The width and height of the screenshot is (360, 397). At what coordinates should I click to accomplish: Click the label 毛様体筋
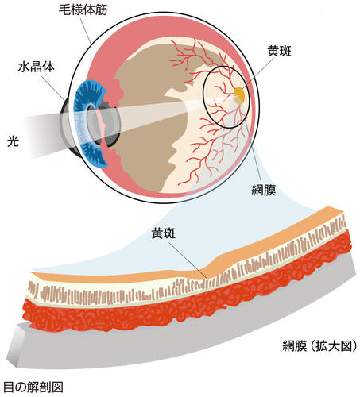click(83, 10)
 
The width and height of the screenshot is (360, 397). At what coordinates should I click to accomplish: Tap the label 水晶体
click(36, 67)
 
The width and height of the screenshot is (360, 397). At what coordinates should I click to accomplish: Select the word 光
click(13, 142)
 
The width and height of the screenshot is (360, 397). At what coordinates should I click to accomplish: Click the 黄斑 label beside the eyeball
click(279, 51)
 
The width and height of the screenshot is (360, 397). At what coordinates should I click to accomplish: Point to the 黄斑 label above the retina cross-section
click(164, 233)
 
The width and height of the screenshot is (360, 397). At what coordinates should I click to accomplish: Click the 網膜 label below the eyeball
click(264, 190)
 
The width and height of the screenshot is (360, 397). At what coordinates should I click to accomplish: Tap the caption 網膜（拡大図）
click(319, 346)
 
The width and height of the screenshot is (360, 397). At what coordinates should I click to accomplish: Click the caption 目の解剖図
click(33, 387)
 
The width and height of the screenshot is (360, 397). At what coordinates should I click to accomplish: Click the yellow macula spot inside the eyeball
click(239, 93)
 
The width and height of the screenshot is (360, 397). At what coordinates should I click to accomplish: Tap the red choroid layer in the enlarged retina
click(185, 303)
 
